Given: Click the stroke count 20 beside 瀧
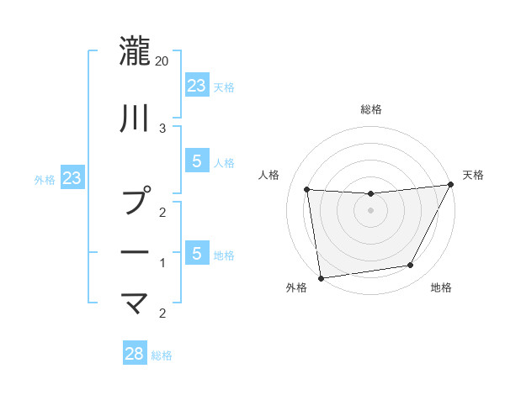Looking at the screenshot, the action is (162, 61).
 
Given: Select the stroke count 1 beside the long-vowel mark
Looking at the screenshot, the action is (162, 263).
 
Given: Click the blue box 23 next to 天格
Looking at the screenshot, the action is (196, 85).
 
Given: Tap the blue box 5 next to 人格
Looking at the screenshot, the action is (196, 161).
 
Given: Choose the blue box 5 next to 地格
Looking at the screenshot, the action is (196, 253).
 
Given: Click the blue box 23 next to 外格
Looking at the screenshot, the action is (72, 177).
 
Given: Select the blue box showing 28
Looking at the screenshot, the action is (134, 353).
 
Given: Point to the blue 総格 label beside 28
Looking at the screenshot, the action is (162, 355).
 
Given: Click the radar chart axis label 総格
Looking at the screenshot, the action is (370, 109).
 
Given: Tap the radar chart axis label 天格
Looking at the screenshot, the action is (473, 175).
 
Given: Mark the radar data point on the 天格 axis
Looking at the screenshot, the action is (450, 185).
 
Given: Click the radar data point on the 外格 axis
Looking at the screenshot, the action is (321, 277).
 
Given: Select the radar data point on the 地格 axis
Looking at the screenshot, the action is (411, 266).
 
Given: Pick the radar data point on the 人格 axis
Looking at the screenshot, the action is (307, 190).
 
